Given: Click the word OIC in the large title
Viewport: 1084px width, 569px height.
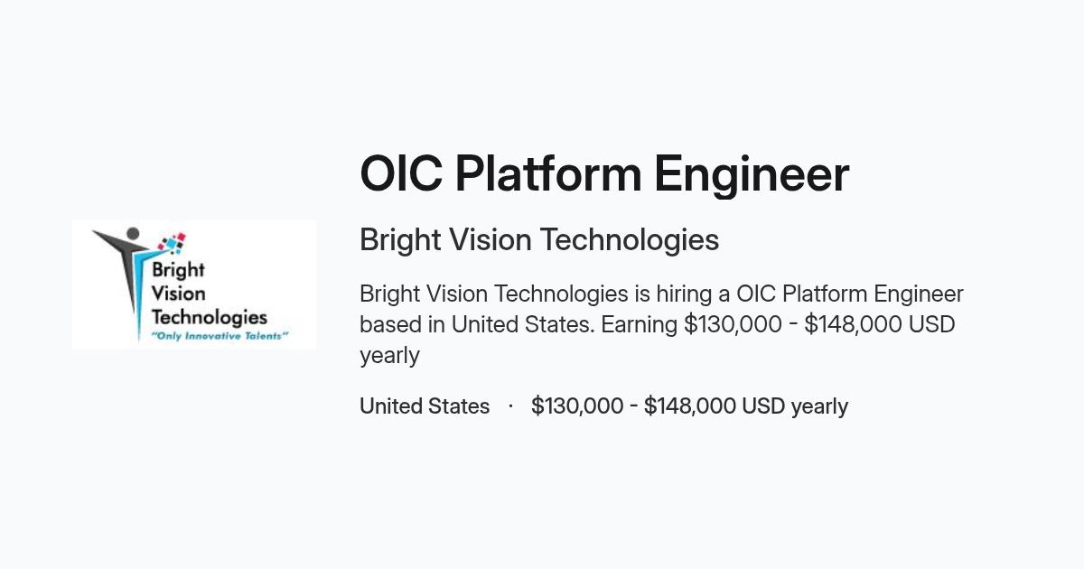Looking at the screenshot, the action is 401,173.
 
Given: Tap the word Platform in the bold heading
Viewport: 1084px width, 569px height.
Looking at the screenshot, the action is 549,173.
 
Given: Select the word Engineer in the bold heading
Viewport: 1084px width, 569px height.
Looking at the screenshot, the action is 752,175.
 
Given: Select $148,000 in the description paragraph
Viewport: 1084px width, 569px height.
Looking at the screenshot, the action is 853,324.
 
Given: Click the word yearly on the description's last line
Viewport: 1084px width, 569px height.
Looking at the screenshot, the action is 389,357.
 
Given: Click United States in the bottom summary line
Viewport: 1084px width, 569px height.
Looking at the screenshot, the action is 425,406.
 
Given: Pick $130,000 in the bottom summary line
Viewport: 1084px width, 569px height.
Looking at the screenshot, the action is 577,406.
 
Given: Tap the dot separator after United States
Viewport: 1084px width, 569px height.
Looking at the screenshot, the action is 510,406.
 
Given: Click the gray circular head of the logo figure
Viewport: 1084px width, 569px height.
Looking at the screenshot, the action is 133,234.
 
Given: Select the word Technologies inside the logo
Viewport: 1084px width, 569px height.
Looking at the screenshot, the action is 209,317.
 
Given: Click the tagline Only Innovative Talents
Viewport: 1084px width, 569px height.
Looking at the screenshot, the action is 220,336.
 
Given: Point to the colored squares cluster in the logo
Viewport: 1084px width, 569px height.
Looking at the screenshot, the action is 173,243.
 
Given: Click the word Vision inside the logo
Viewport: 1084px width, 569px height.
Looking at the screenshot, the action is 178,294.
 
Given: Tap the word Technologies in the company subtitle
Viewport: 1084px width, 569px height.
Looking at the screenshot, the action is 629,240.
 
